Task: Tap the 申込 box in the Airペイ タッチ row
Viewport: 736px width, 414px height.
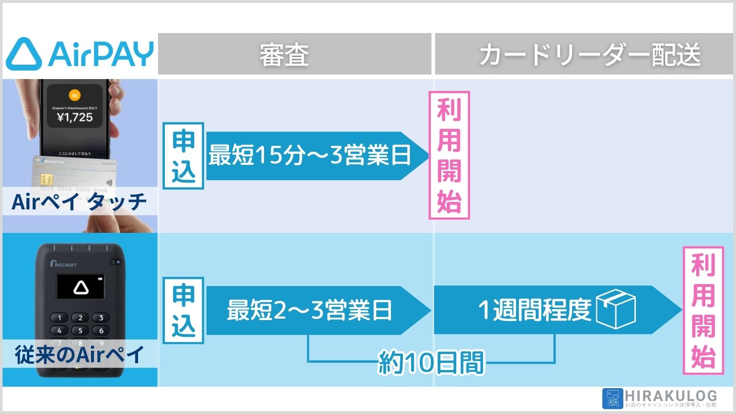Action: pyautogui.click(x=183, y=156)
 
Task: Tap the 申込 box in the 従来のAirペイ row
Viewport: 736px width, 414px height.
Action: pyautogui.click(x=183, y=310)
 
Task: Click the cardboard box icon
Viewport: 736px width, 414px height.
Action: pyautogui.click(x=616, y=310)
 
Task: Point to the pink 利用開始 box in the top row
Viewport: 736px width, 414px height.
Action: pyautogui.click(x=449, y=155)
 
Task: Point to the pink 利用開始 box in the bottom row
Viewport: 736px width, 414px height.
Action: pyautogui.click(x=703, y=310)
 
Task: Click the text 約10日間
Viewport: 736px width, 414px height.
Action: pyautogui.click(x=431, y=363)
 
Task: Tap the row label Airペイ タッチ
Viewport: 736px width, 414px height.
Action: pyautogui.click(x=79, y=201)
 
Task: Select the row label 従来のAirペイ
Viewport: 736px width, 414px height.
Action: pyautogui.click(x=79, y=355)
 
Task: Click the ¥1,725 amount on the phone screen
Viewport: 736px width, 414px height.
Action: pyautogui.click(x=75, y=117)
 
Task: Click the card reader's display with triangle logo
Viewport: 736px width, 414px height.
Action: pyautogui.click(x=80, y=287)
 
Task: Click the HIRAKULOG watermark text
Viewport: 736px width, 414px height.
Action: pyautogui.click(x=671, y=396)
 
